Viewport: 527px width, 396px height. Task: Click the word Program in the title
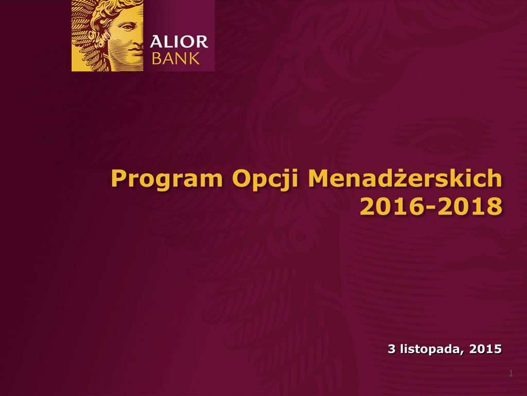click(167, 179)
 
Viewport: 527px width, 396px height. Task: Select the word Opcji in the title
click(265, 179)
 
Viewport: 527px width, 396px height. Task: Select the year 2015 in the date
click(485, 349)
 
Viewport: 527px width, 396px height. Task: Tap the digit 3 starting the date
click(392, 349)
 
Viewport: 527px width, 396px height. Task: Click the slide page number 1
click(511, 373)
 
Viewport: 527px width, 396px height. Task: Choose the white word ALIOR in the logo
click(179, 42)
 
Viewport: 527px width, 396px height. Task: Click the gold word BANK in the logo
click(176, 58)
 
